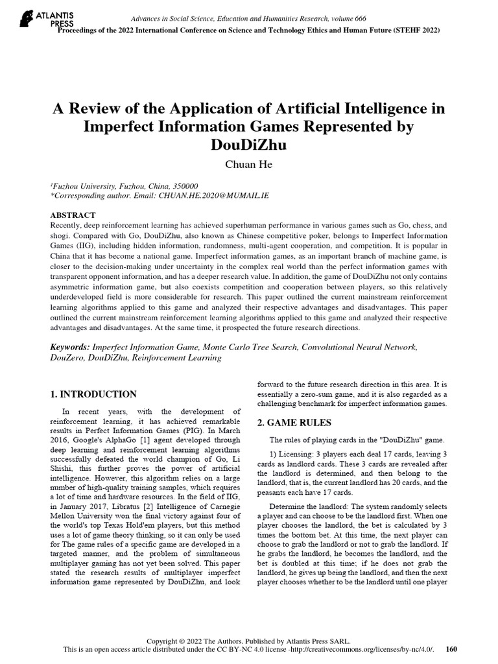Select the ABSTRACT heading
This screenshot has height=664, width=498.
(73, 215)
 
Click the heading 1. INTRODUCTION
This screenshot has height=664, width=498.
(93, 394)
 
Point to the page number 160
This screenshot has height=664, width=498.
(453, 649)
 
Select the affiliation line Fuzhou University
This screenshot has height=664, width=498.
(124, 185)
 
